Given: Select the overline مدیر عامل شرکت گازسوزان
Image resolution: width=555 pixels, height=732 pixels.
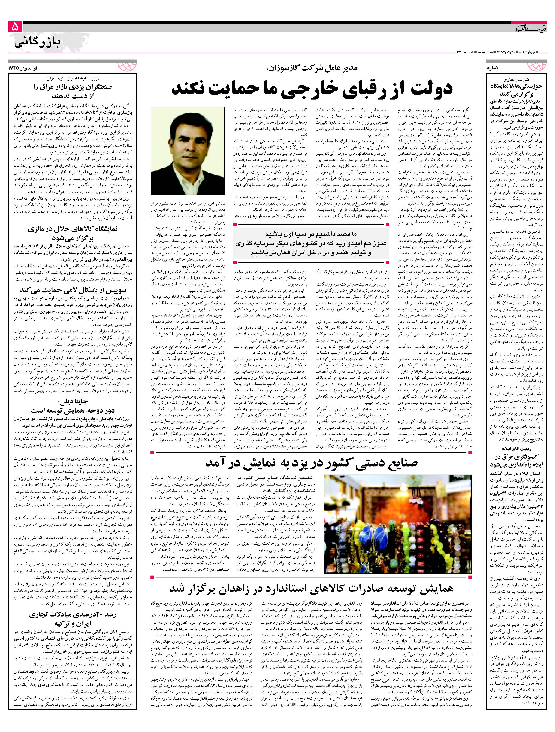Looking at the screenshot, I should pyautogui.click(x=312, y=69).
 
